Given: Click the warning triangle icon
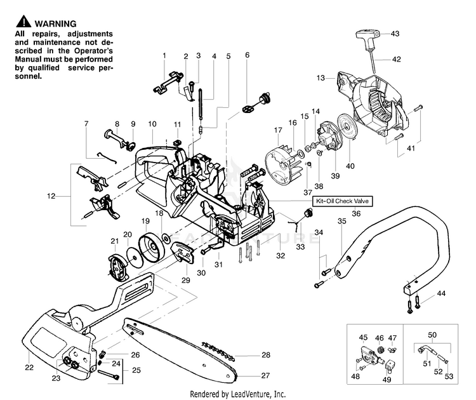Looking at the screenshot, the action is point(23,22).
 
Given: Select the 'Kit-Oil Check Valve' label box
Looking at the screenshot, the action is point(342,201).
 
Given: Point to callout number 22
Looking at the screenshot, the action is point(29,368).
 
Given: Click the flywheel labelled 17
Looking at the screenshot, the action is point(281,166).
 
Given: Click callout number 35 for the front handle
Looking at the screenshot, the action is point(342,221).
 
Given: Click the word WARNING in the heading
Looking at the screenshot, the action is point(56,23).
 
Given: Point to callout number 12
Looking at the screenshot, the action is point(51,196).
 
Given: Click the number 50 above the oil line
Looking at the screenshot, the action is point(432,335).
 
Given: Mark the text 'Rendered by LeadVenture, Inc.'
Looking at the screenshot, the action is point(238,394).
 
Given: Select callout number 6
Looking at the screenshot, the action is point(247,55).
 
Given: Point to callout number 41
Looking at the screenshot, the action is point(411,148).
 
